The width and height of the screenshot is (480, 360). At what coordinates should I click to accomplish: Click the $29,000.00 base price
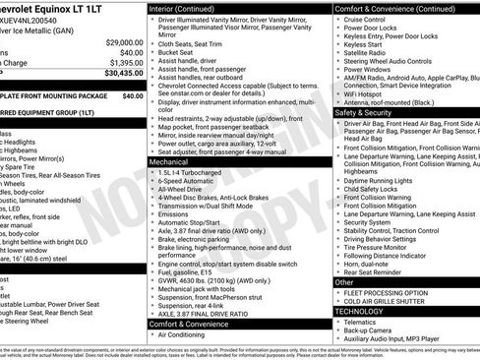click(x=124, y=43)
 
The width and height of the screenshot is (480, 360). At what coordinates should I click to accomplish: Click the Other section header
click(x=344, y=282)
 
